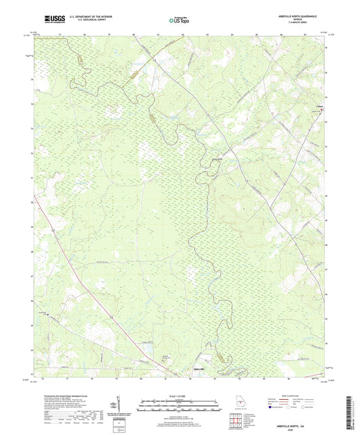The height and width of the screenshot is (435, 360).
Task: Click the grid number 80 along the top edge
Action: [x=134, y=32]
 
